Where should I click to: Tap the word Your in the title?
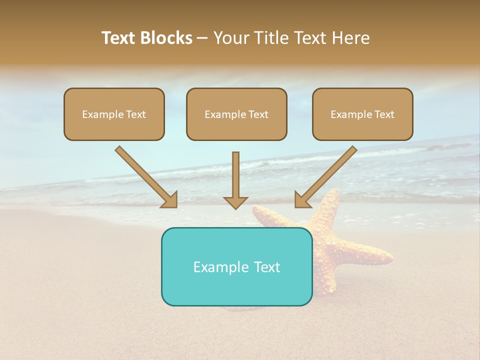click(x=230, y=38)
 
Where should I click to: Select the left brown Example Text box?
click(x=114, y=114)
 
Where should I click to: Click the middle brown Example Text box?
click(x=236, y=114)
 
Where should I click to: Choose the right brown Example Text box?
click(x=362, y=114)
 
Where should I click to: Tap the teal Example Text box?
click(x=236, y=266)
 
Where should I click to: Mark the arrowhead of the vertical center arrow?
click(x=235, y=202)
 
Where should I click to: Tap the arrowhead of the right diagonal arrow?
click(x=302, y=200)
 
